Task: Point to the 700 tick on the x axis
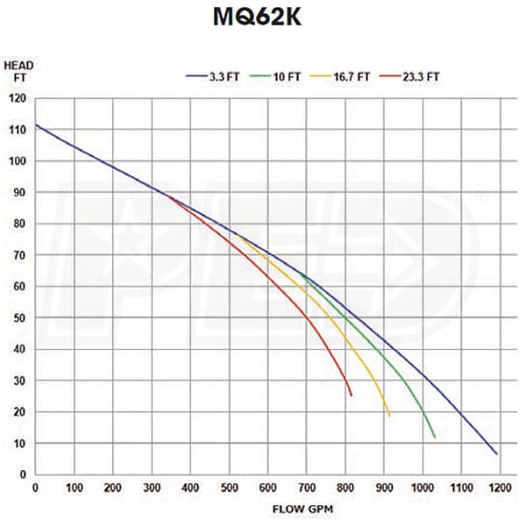pos(307,487)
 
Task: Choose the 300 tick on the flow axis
pos(152,487)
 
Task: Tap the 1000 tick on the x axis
pos(423,487)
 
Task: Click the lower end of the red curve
pos(352,395)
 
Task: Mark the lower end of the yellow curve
pos(389,416)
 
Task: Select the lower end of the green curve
pos(435,437)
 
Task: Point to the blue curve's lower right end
pos(497,453)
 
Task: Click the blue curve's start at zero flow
pos(35,124)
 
